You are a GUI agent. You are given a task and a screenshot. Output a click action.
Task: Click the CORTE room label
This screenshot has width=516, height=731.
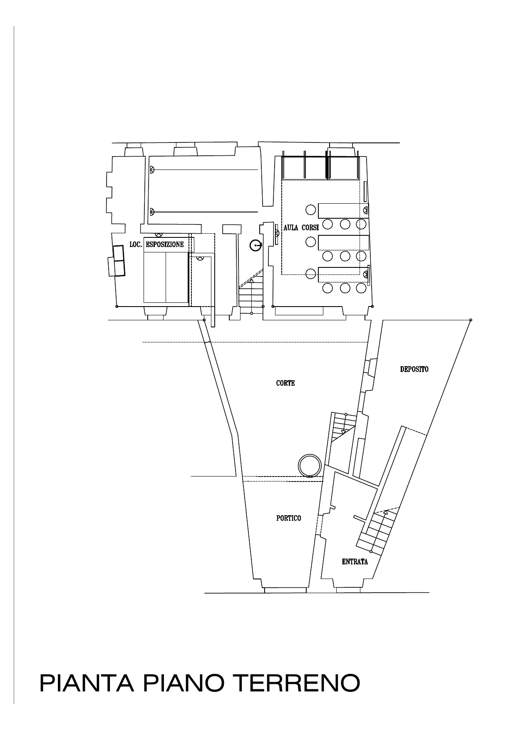285,383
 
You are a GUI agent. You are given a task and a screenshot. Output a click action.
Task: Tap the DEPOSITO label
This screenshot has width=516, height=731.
414,369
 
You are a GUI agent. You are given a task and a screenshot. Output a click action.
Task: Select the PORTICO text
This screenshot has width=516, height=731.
288,518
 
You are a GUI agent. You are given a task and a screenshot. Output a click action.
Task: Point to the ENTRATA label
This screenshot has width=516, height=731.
355,561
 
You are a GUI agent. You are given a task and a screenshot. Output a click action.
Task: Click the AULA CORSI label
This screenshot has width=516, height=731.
301,228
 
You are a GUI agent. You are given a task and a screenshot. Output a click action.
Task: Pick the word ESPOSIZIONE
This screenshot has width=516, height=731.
165,244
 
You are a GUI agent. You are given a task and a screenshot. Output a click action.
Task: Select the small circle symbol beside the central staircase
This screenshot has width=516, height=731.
255,246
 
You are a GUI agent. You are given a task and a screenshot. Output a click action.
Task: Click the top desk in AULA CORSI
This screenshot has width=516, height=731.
343,211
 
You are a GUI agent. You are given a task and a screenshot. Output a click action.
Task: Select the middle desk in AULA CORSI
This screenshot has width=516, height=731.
343,243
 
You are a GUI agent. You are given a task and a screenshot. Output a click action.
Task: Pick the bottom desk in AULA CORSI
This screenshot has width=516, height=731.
343,274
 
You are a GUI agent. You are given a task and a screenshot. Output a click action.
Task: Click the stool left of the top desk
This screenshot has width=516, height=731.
310,210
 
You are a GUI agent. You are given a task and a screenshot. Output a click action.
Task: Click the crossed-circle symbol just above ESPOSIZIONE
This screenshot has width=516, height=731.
159,235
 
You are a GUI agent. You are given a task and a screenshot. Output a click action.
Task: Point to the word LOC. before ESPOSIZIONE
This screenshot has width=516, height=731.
136,244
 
